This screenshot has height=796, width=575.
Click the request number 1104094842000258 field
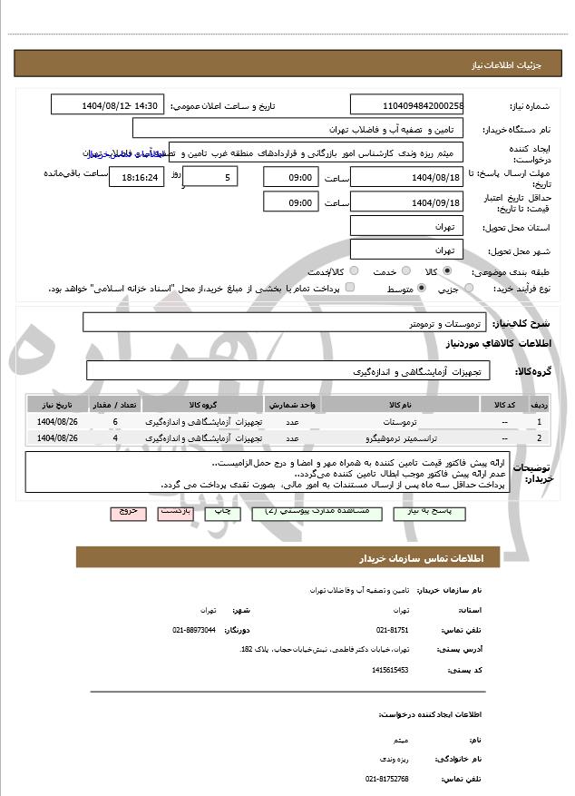click(407, 106)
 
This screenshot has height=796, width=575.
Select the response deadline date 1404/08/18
click(407, 177)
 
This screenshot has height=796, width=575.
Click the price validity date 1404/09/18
click(407, 202)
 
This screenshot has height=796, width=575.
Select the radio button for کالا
click(447, 271)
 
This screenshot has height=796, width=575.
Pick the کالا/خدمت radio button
click(354, 271)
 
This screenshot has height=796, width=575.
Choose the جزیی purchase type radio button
click(468, 289)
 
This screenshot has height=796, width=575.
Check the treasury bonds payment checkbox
click(350, 289)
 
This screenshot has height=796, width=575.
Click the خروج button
click(127, 512)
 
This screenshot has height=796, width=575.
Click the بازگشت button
click(174, 512)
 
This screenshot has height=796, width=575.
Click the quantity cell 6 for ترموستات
click(115, 422)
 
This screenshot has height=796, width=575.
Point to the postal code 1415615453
click(390, 670)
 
